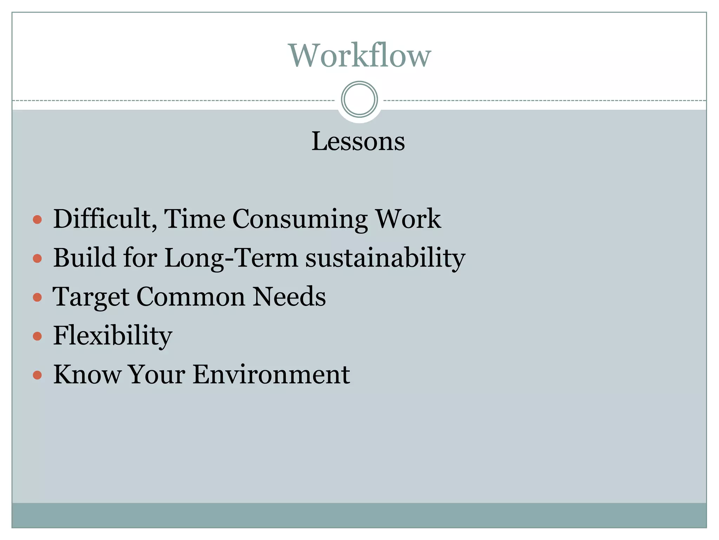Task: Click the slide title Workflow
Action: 359,55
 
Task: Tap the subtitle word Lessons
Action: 358,141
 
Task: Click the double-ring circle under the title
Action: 359,99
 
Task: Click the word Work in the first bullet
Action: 408,219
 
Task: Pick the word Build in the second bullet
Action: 85,258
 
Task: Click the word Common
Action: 191,297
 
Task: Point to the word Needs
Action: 289,297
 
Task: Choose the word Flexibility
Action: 113,336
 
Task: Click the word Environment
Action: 271,374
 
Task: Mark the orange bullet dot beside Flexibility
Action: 37,336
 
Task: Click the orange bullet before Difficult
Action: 37,220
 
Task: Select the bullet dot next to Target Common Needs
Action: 37,297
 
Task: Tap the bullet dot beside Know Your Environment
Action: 37,375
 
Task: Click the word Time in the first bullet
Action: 194,219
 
